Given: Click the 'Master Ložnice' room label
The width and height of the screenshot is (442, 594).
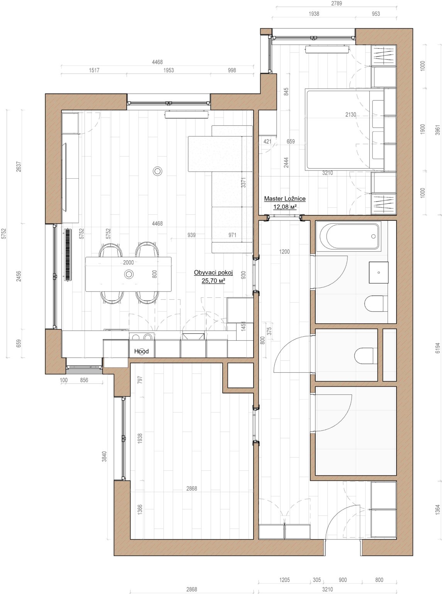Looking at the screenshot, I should pos(285,198).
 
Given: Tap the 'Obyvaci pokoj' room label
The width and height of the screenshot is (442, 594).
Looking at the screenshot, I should pos(213,273).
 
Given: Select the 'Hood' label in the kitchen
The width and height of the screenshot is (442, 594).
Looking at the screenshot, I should pos(141,351).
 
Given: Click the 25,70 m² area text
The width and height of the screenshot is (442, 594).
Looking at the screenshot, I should pos(213,281).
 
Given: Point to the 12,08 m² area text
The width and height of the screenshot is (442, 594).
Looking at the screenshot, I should pos(285,207).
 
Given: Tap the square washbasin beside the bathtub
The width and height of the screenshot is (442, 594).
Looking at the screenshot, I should pos(378,272).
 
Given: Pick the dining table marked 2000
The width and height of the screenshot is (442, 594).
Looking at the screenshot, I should pos(128,274).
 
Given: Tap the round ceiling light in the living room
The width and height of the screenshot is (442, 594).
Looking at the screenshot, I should pos(157,171).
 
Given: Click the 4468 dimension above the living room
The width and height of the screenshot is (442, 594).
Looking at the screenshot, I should pos(157,62).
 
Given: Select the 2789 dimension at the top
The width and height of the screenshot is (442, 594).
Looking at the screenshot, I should pos(336,3).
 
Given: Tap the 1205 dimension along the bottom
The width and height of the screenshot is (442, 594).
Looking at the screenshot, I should pos(284,580).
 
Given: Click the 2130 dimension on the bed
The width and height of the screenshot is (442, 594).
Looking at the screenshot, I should pos(351,114).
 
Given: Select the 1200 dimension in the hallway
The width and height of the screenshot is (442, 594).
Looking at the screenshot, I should pos(284,252).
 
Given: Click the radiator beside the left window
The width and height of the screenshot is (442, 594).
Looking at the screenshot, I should pos(68,254).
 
